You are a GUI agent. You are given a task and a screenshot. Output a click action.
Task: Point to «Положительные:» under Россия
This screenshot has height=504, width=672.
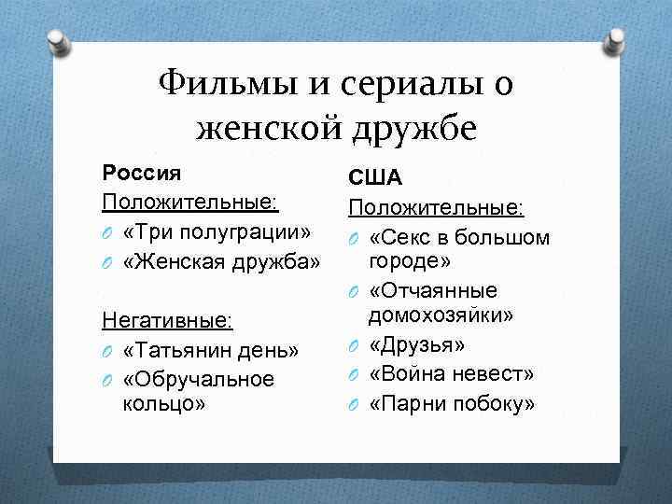191,201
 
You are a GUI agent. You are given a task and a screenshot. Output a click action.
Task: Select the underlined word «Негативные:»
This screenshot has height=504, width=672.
167,321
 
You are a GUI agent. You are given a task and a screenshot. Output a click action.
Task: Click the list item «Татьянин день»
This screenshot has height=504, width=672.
210,351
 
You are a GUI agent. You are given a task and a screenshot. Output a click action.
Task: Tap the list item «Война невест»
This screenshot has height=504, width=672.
452,374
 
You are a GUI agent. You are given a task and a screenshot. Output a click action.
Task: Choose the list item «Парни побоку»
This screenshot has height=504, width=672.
453,404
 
